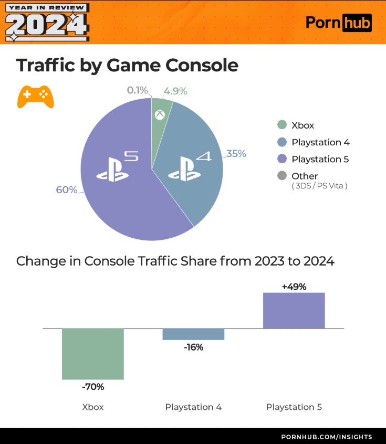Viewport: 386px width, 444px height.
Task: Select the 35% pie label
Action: point(236,154)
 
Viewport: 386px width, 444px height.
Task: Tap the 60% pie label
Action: point(67,189)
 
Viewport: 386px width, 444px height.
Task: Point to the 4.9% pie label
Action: point(175,91)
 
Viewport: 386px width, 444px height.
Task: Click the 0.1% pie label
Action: point(137,90)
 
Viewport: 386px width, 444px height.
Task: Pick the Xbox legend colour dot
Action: point(282,125)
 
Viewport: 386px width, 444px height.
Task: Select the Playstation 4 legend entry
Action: point(320,142)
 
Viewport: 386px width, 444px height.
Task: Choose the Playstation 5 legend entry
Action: point(320,159)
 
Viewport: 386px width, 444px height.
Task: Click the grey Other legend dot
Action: point(282,176)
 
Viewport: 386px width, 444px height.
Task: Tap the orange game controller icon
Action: point(36,96)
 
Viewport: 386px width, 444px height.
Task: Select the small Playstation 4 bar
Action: point(193,334)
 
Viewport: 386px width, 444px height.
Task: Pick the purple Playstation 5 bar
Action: point(294,310)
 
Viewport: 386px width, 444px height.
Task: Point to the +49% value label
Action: point(294,287)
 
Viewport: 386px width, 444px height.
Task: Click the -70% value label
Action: point(93,387)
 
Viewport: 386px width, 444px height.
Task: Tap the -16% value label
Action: point(193,347)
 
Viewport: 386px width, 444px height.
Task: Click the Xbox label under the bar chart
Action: point(93,407)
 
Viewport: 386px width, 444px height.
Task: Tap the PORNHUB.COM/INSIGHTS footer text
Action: point(327,437)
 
